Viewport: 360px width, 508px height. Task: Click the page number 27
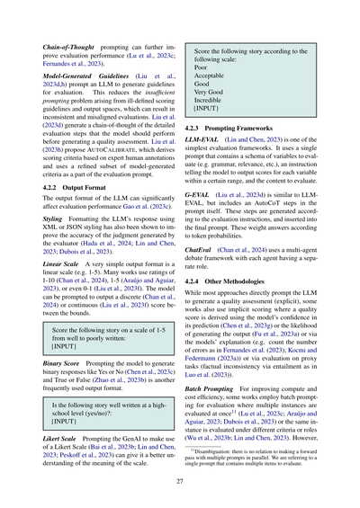tap(179, 480)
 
